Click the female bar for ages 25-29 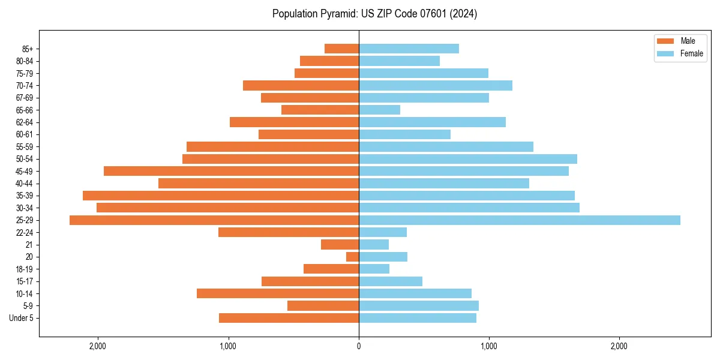coord(519,220)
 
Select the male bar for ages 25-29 coord(214,220)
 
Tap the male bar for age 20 coord(353,257)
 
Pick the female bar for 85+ coord(409,49)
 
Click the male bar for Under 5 coord(289,318)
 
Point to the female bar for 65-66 coord(379,110)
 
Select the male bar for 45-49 coord(231,171)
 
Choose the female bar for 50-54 coord(468,159)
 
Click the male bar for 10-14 coord(278,293)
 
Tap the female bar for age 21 coord(374,245)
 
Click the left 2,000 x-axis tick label coord(98,346)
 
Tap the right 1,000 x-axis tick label coord(488,346)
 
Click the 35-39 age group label coord(25,196)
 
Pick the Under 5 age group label coord(22,318)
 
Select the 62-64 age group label coord(25,122)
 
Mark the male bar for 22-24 coord(289,232)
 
